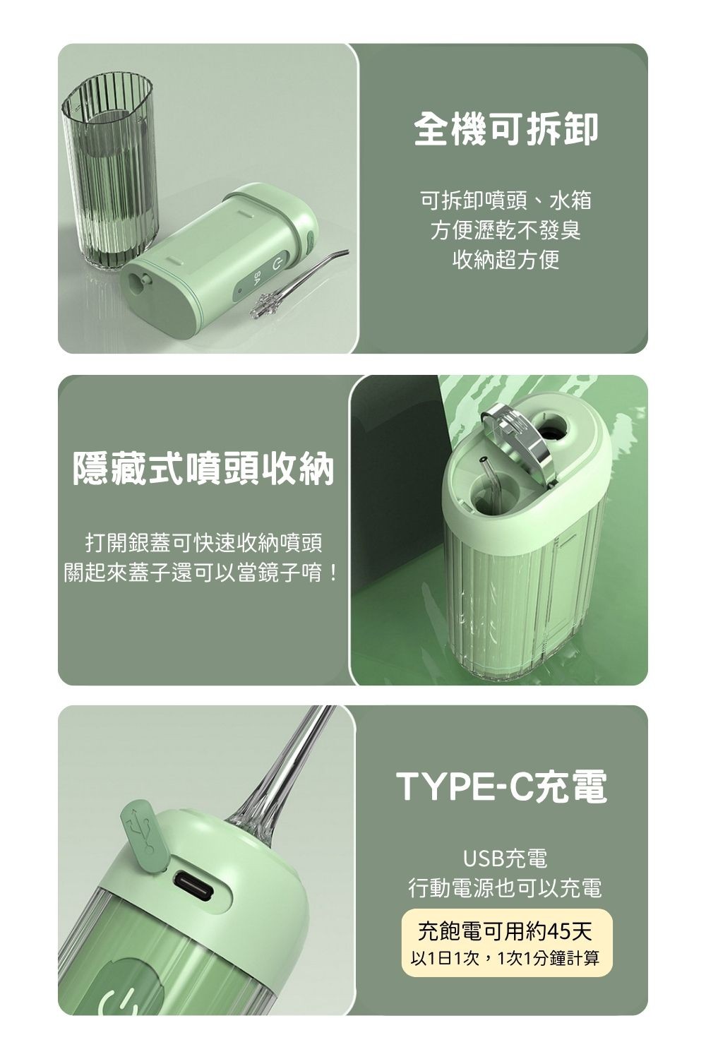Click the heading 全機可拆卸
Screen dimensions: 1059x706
[505, 128]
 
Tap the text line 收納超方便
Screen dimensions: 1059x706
[505, 261]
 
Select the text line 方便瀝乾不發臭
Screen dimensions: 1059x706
[505, 231]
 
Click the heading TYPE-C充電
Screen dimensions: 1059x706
[502, 787]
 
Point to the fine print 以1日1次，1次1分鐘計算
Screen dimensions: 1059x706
[505, 958]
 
